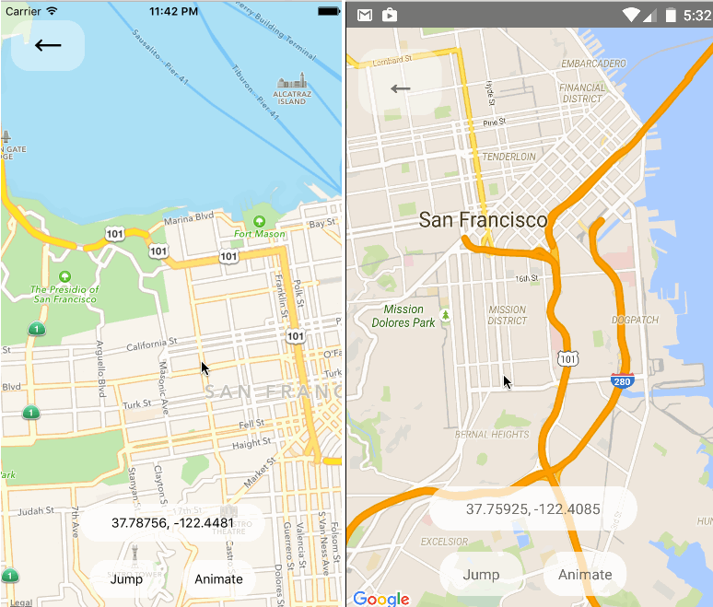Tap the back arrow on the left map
[x=48, y=44]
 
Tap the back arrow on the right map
[x=400, y=88]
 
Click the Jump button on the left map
[x=126, y=578]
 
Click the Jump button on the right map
[x=481, y=574]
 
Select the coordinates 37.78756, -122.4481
[x=172, y=523]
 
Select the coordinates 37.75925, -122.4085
[x=532, y=508]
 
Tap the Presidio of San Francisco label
[x=64, y=293]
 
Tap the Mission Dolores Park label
[x=403, y=316]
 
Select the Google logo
[x=380, y=599]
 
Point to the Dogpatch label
[x=634, y=320]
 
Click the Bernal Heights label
[x=492, y=435]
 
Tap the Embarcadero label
[x=594, y=64]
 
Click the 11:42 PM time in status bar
[x=172, y=10]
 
